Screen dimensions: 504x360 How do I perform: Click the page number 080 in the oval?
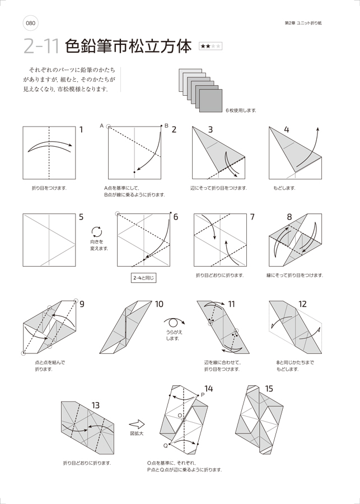point(30,23)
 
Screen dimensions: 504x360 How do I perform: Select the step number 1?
point(81,130)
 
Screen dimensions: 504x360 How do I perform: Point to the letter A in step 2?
point(102,126)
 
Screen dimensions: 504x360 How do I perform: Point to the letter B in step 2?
point(166,126)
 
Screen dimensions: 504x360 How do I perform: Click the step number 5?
point(81,217)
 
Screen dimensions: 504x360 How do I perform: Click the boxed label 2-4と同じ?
point(144,277)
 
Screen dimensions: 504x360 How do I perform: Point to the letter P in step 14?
point(202,395)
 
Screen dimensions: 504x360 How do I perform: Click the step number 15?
point(269,389)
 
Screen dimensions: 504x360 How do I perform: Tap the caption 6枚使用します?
point(241,110)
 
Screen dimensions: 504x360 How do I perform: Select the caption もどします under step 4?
point(284,188)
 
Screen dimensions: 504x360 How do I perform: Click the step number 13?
point(95,405)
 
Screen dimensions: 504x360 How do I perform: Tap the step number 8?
point(289,217)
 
